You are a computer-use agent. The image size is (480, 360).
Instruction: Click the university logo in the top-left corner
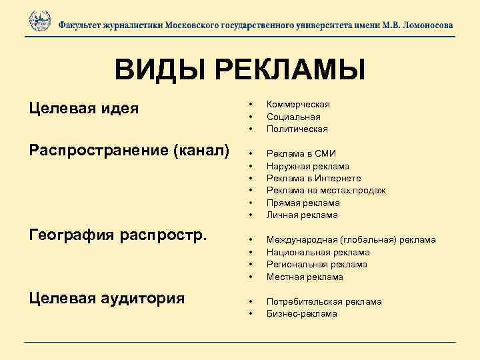point(40,21)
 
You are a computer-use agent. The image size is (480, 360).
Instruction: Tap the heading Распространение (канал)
point(129,149)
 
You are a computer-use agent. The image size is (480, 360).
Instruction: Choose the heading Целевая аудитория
point(107,297)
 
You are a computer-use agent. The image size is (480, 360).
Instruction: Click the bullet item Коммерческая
point(298,105)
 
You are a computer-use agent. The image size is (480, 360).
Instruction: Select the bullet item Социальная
point(293,117)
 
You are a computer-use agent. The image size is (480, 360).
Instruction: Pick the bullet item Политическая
point(297,129)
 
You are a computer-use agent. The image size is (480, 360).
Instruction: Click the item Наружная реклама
point(307,166)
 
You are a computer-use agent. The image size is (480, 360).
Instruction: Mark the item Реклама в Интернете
point(313,178)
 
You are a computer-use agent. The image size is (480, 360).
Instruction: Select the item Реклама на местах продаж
point(325,191)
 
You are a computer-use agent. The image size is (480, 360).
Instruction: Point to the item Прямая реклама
point(303,203)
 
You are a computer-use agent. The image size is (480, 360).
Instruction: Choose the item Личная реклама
point(302,215)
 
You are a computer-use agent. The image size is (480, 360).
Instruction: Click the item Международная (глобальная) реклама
point(351,239)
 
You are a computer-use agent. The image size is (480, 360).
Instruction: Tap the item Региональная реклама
point(317,264)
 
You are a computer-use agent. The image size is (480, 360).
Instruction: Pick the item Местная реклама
point(305,277)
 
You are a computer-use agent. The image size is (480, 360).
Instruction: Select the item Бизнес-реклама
point(301,313)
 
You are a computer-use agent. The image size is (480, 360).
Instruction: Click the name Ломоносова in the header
point(421,25)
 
